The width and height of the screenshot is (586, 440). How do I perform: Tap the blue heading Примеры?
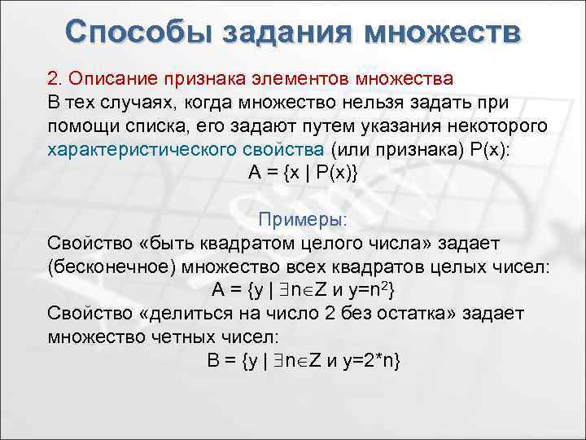click(x=303, y=221)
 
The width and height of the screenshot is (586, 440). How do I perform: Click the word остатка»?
click(x=434, y=314)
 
